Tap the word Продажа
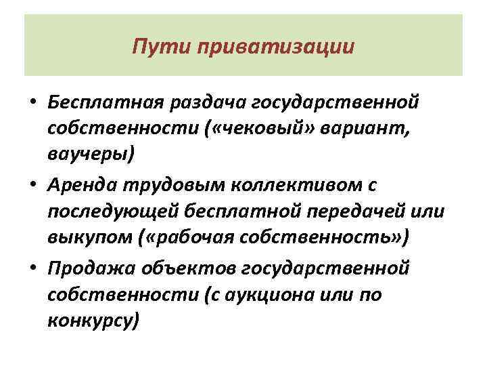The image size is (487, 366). click(90, 267)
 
